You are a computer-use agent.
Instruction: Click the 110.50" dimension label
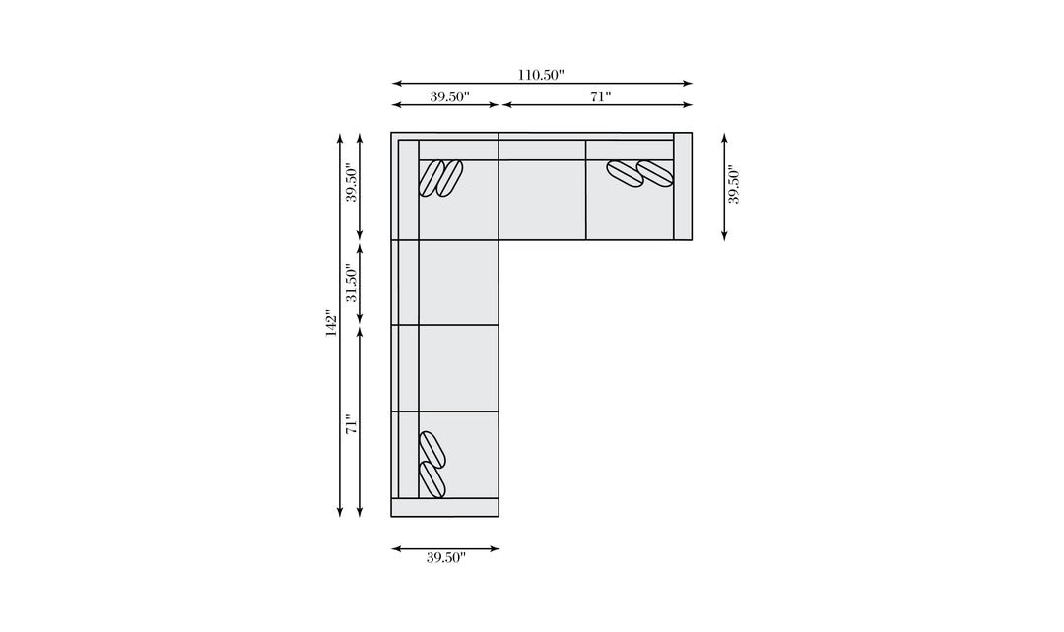(541, 75)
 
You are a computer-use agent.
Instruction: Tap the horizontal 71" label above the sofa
(601, 96)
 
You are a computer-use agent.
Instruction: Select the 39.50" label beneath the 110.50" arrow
(449, 96)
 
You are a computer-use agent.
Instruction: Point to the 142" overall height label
(331, 324)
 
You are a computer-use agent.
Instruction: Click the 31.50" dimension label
(351, 283)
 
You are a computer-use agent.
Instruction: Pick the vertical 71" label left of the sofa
(351, 424)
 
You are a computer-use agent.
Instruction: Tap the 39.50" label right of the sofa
(734, 185)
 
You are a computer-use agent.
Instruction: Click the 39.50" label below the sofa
(446, 557)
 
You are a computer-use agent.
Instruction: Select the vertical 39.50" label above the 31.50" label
(351, 182)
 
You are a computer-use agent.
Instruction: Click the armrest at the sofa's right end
(683, 186)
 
